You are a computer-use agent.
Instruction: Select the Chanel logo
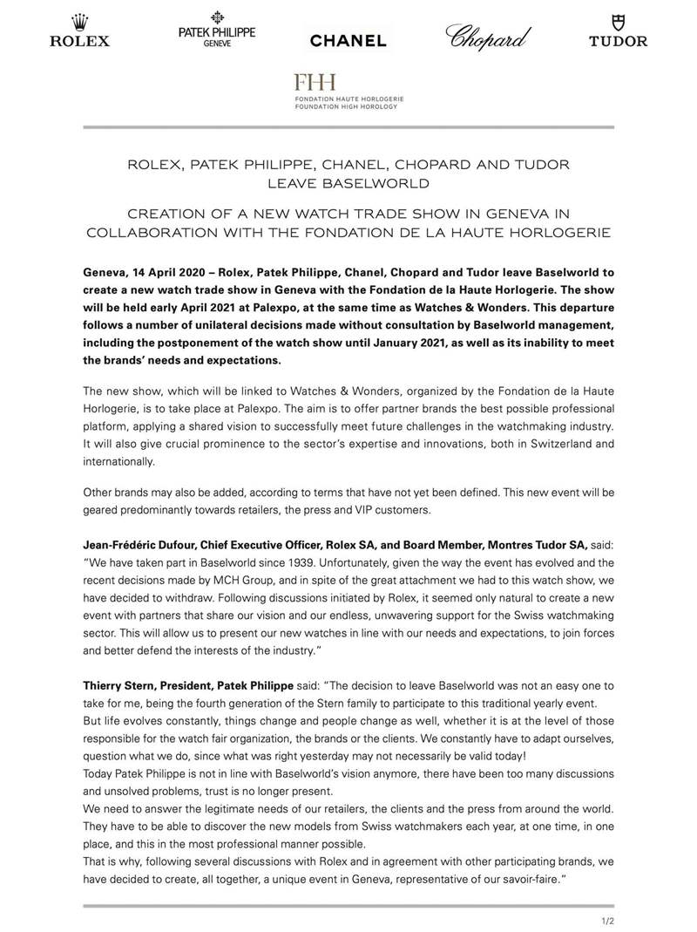[x=348, y=40]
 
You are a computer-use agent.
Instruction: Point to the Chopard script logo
[x=489, y=35]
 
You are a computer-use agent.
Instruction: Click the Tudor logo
[x=618, y=31]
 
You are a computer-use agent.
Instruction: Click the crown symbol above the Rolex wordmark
[x=79, y=21]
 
